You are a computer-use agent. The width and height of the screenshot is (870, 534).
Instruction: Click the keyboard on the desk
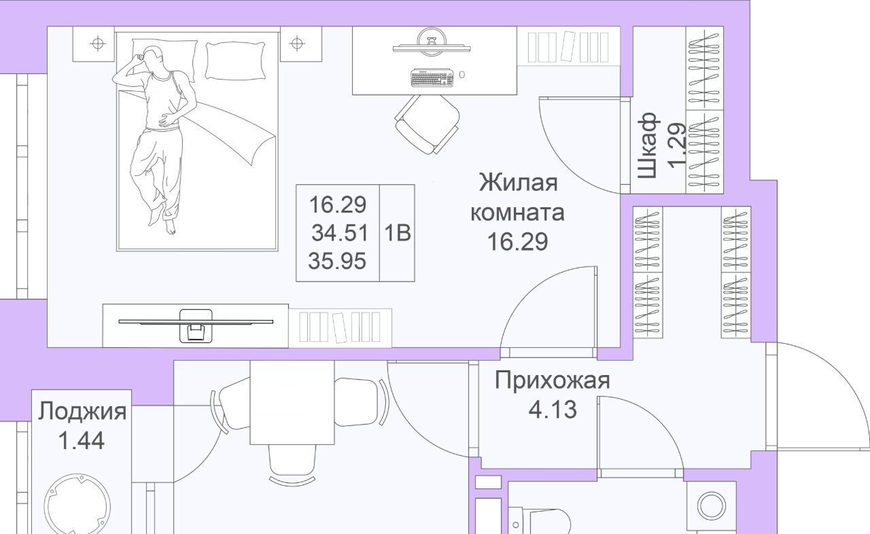(432, 77)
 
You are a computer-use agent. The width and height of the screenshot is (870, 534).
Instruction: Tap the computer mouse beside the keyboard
(462, 74)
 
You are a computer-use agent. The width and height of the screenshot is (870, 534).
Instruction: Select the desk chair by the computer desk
(428, 124)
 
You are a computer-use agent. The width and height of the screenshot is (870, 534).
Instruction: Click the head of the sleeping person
(152, 58)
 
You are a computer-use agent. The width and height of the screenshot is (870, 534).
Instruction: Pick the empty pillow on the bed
(235, 60)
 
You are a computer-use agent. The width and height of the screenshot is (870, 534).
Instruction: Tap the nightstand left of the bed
(94, 44)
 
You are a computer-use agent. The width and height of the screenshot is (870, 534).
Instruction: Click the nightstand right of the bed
(301, 44)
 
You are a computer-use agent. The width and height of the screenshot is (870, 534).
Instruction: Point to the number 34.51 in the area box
(339, 233)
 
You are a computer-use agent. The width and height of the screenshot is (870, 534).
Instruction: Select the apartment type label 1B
(398, 233)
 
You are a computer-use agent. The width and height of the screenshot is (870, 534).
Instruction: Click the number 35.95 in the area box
(337, 261)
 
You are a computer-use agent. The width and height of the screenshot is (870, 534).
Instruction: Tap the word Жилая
(518, 182)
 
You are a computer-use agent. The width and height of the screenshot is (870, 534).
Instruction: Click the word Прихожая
(552, 380)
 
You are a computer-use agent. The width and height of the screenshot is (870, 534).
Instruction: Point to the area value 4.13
(553, 410)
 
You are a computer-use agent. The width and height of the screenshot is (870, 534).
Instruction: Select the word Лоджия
(82, 412)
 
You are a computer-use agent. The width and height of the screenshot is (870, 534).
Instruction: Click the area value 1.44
(81, 441)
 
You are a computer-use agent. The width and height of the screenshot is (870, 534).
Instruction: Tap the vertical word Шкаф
(648, 145)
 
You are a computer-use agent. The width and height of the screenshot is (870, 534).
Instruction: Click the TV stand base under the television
(196, 326)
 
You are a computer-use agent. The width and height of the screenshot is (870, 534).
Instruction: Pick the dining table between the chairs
(292, 402)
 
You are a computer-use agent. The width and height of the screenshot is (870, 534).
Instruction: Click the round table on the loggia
(77, 505)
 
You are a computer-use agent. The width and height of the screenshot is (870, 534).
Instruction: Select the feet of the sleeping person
(163, 219)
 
